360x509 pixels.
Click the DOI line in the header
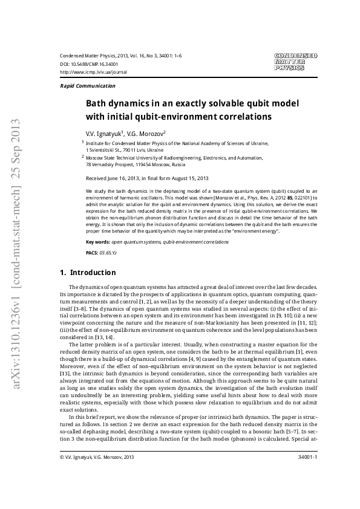(x=89, y=63)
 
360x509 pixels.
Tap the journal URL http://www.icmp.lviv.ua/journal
(x=94, y=71)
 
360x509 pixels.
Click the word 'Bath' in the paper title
(x=96, y=103)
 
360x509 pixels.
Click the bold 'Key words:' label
(x=98, y=241)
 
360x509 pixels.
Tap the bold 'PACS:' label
(x=93, y=252)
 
